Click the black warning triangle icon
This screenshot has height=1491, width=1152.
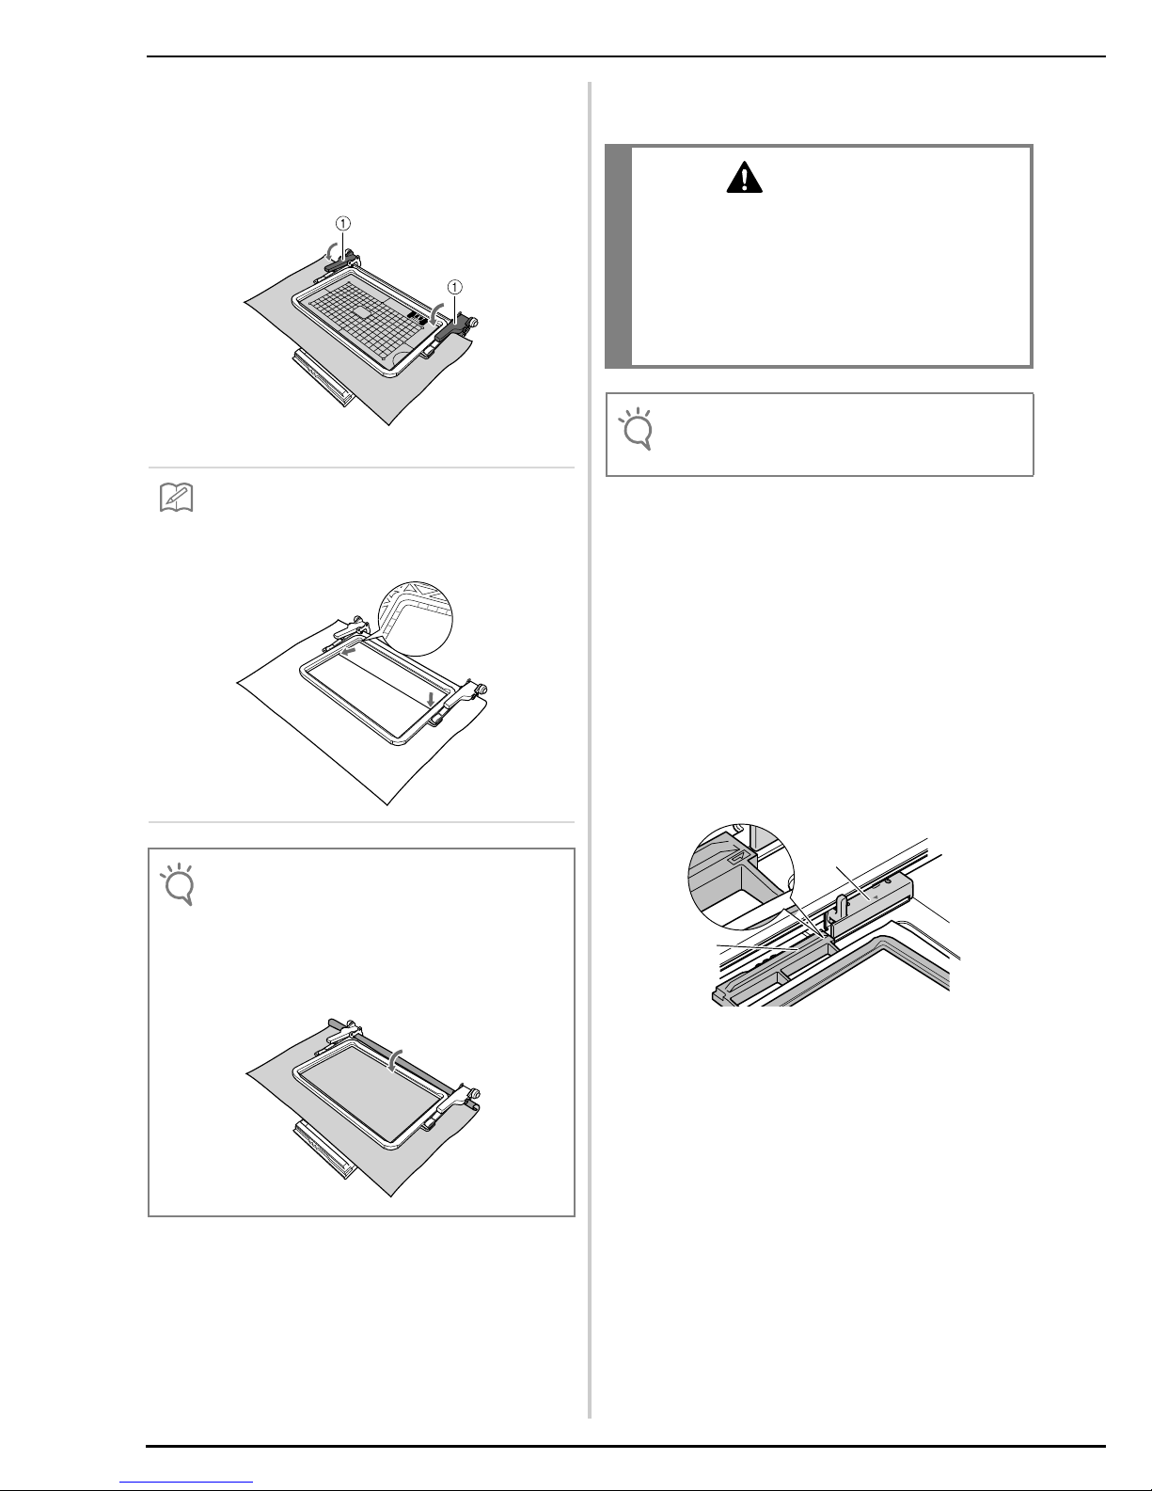[744, 177]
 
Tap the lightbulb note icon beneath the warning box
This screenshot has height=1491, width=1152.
[636, 429]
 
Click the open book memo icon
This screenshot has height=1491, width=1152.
[176, 498]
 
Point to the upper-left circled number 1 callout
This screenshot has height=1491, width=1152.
[342, 223]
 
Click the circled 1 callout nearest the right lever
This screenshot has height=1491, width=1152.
[454, 287]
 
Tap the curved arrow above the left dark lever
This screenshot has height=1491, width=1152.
[330, 250]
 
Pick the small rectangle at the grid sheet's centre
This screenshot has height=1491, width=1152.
[361, 311]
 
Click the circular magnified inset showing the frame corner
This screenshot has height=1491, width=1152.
[417, 617]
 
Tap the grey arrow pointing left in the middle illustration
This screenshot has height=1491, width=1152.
[350, 653]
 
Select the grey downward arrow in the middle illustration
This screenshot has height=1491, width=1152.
[430, 699]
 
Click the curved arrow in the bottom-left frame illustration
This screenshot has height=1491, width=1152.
[392, 1058]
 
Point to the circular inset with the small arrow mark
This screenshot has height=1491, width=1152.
[741, 877]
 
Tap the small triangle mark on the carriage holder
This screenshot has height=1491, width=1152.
[876, 896]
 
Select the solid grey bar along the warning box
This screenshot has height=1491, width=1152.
[618, 256]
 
